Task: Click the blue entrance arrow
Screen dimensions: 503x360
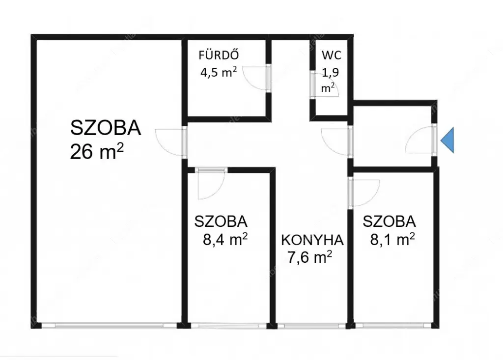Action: coord(447,140)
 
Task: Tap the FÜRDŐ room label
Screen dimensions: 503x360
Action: coord(219,55)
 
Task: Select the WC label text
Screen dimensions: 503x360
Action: coord(332,55)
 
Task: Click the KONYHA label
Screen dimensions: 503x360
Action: coord(312,240)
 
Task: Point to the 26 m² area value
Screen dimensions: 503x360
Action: coord(97,151)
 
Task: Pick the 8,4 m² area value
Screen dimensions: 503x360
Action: coord(225,239)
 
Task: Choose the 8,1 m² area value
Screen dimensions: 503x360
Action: coord(392,239)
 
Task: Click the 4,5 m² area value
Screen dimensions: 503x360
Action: coord(219,72)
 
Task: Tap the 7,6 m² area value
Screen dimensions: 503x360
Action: coord(309,257)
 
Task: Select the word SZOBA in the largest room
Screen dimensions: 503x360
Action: coord(106,128)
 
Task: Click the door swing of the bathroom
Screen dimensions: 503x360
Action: coord(255,79)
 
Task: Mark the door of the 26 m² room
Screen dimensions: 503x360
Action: coord(170,142)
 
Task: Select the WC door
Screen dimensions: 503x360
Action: coord(324,84)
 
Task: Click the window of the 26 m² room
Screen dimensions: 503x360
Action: coord(109,325)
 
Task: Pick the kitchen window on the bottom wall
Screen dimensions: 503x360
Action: coord(311,326)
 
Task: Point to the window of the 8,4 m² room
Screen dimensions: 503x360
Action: coord(228,326)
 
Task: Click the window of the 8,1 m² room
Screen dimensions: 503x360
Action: coord(393,326)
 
